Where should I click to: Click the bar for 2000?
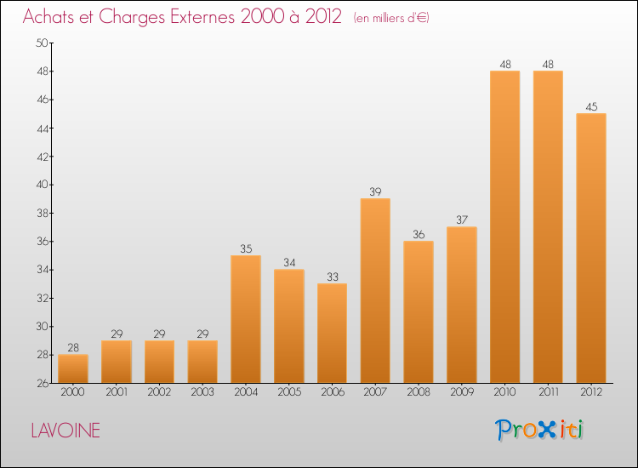pyautogui.click(x=73, y=368)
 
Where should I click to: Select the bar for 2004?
pyautogui.click(x=246, y=319)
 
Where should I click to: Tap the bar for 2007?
pyautogui.click(x=375, y=290)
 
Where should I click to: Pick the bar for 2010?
pyautogui.click(x=505, y=226)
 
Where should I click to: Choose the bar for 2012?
pyautogui.click(x=591, y=248)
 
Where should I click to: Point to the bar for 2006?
pyautogui.click(x=333, y=333)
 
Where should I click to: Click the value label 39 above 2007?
pyautogui.click(x=375, y=191)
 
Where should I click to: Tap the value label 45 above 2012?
pyautogui.click(x=591, y=106)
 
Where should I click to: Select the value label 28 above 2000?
pyautogui.click(x=73, y=347)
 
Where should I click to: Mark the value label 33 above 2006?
pyautogui.click(x=333, y=277)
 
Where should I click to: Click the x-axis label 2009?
pyautogui.click(x=462, y=392)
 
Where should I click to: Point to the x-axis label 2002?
pyautogui.click(x=160, y=392)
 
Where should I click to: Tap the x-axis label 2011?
pyautogui.click(x=549, y=392)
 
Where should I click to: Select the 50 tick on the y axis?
pyautogui.click(x=41, y=43)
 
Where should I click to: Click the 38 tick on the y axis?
pyautogui.click(x=41, y=213)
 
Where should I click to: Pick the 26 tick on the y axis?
pyautogui.click(x=41, y=383)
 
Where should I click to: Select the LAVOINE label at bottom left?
pyautogui.click(x=66, y=431)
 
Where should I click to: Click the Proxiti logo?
pyautogui.click(x=540, y=430)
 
